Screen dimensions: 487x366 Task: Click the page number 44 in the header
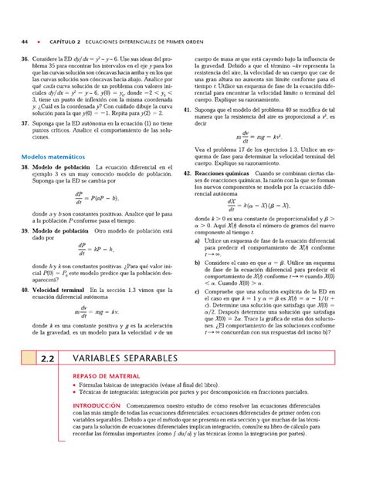[x=25, y=40]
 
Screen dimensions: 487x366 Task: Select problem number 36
[x=25, y=59]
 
